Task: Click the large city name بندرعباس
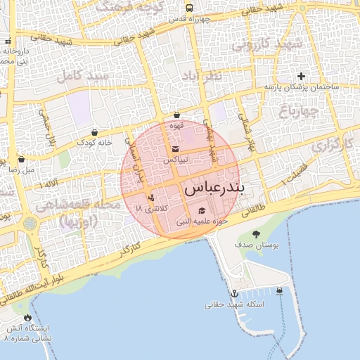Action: pos(214,190)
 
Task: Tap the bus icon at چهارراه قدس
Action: pos(190,8)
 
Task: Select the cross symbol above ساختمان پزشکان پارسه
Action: pos(302,76)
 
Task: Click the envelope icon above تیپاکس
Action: pos(175,148)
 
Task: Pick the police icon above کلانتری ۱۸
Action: pos(151,198)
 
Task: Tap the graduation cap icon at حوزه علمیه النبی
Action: pos(202,210)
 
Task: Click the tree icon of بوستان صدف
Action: pos(255,234)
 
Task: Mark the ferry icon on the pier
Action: pos(281,290)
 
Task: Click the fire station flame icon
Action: pos(27,318)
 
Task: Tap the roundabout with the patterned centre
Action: pos(30,224)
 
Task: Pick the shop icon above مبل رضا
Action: pos(21,159)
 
